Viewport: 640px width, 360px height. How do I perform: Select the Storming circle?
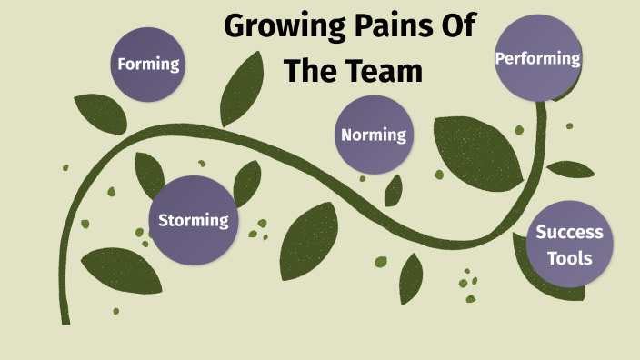tap(193, 220)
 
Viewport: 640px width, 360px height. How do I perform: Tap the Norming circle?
tap(373, 135)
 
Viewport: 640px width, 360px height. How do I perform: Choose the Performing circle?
tap(537, 58)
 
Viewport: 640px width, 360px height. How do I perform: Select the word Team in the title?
tap(386, 72)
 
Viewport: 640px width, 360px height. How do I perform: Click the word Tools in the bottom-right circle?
tap(570, 257)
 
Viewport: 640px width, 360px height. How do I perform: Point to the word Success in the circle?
tap(570, 233)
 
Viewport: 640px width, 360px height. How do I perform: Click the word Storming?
tap(193, 220)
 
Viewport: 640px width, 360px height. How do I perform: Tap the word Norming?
tap(373, 135)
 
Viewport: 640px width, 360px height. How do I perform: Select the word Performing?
tap(537, 58)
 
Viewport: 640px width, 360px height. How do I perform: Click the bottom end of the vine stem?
tap(65, 318)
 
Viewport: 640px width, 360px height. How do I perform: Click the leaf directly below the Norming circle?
tap(393, 190)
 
